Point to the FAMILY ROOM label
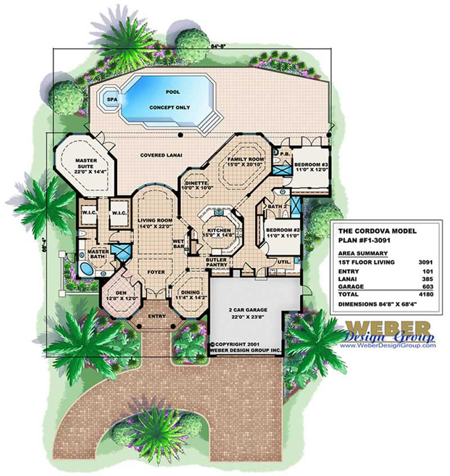click(x=245, y=160)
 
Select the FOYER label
click(x=156, y=271)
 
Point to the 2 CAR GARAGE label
click(x=247, y=310)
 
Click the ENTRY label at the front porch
click(x=156, y=316)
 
